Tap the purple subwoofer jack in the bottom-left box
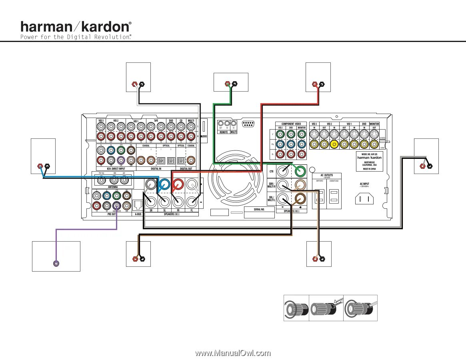click(56, 263)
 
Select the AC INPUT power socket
click(364, 198)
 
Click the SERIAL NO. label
click(259, 209)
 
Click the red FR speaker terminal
click(178, 184)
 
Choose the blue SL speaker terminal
click(164, 184)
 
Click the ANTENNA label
click(112, 187)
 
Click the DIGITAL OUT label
click(186, 169)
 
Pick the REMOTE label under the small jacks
click(223, 132)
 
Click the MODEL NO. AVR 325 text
click(369, 154)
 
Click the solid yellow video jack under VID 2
click(334, 144)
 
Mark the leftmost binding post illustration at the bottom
click(296, 308)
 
